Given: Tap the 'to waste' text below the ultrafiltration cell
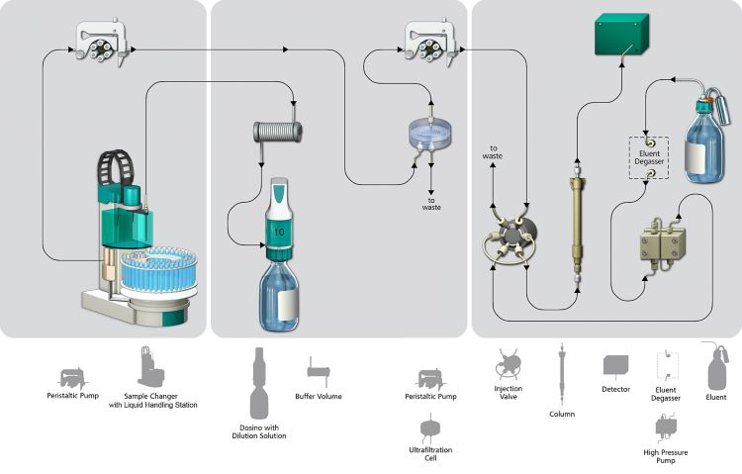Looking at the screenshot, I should [431, 202].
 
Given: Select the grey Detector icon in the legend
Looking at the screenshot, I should [616, 366].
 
